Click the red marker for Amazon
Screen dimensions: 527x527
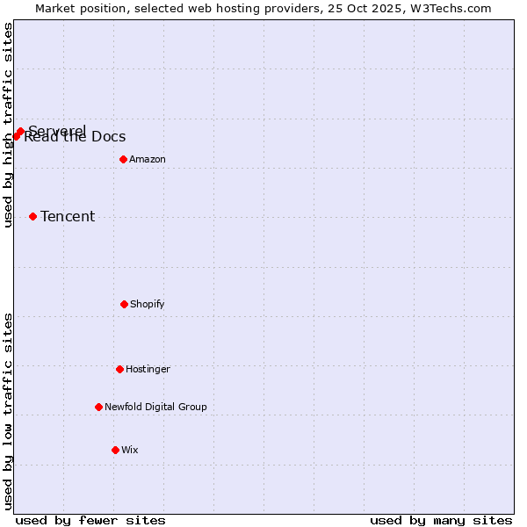pyautogui.click(x=123, y=159)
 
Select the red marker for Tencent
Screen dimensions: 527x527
pyautogui.click(x=32, y=216)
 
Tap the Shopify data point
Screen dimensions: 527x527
pyautogui.click(x=124, y=304)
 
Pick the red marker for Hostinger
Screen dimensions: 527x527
pyautogui.click(x=119, y=369)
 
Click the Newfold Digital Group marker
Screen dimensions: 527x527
pyautogui.click(x=98, y=407)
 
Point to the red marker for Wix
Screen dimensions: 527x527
pyautogui.click(x=115, y=450)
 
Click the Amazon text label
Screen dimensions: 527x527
pyautogui.click(x=148, y=159)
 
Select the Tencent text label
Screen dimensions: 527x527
pyautogui.click(x=68, y=216)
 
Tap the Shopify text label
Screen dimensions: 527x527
pyautogui.click(x=148, y=304)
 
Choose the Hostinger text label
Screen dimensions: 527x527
pyautogui.click(x=148, y=369)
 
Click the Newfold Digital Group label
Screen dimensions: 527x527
pyautogui.click(x=155, y=407)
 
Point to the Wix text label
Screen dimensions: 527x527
pyautogui.click(x=130, y=450)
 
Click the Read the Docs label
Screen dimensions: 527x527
pyautogui.click(x=75, y=138)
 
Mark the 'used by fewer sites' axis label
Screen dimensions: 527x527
pyautogui.click(x=90, y=520)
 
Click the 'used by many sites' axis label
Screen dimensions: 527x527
pyautogui.click(x=441, y=520)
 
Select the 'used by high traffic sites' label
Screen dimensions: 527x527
pyautogui.click(x=9, y=125)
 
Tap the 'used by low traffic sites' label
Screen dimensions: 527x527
pyautogui.click(x=9, y=411)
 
